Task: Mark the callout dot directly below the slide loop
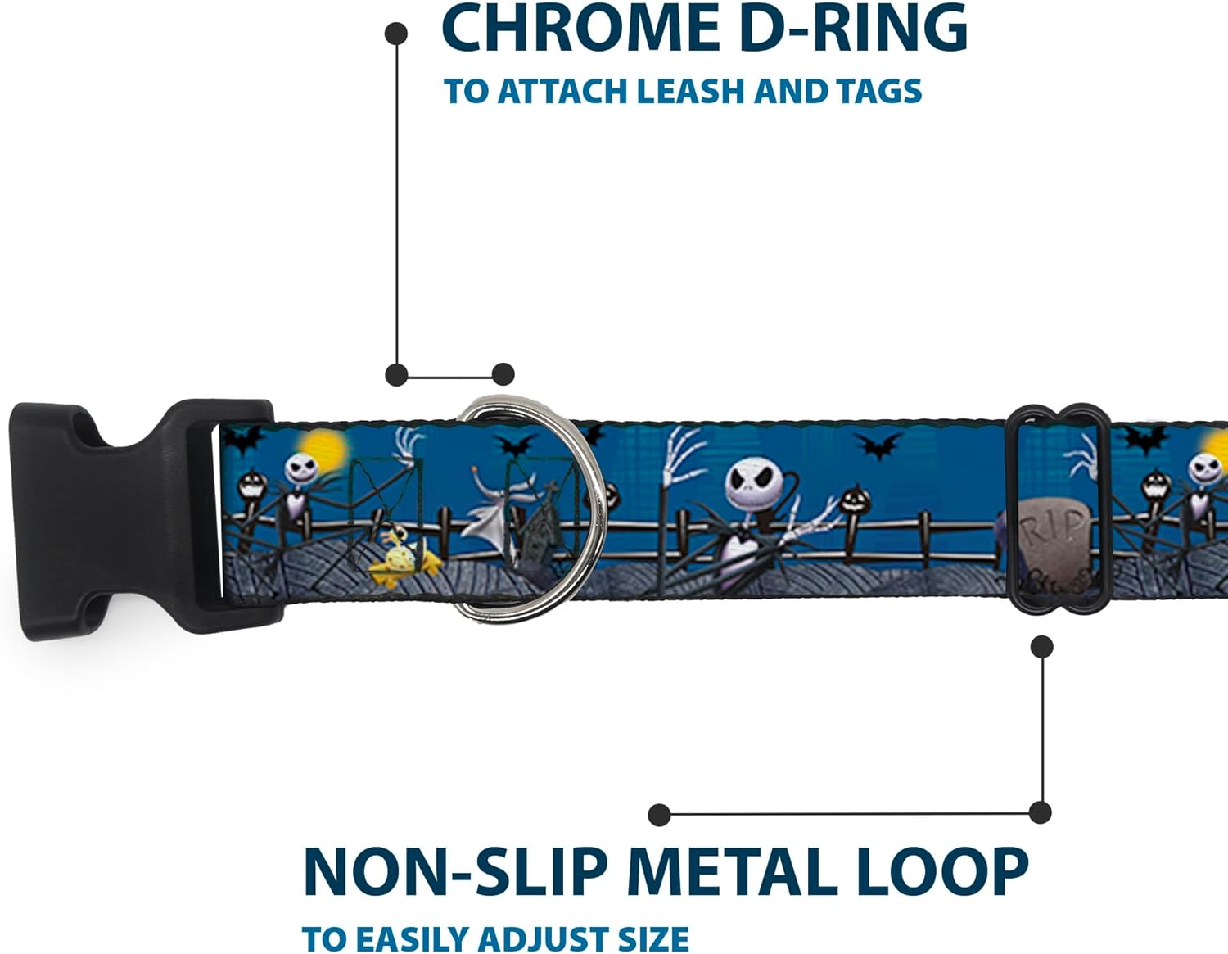pyautogui.click(x=1041, y=647)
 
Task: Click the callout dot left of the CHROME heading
pyautogui.click(x=396, y=34)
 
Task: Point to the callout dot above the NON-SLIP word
pyautogui.click(x=659, y=814)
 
